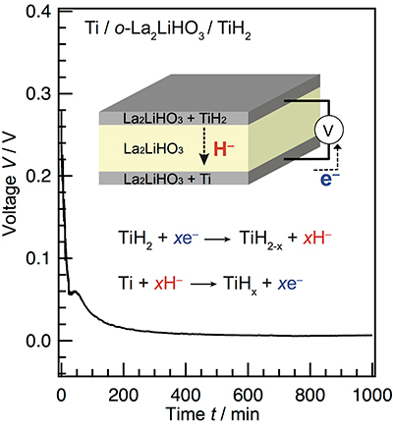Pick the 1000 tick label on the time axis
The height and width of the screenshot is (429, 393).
coord(371,397)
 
